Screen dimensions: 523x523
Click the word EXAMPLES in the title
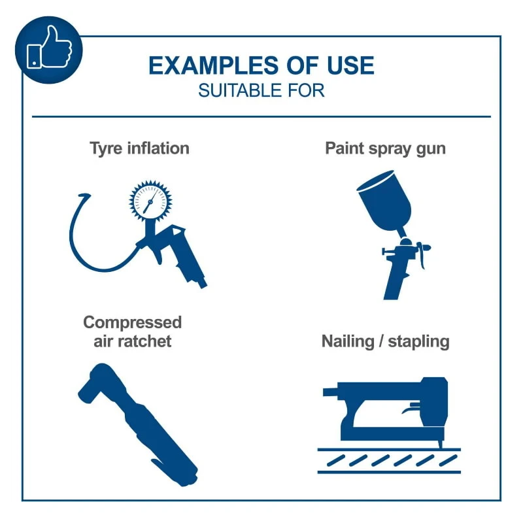[213, 66]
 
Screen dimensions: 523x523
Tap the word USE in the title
[350, 66]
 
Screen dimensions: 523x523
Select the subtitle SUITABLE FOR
[261, 90]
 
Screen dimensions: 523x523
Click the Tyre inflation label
[139, 148]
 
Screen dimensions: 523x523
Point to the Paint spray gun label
[385, 149]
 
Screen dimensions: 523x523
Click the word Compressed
[133, 322]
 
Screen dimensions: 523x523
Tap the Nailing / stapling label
[386, 341]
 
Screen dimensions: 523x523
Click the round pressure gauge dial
[150, 201]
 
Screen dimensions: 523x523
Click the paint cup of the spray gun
[384, 200]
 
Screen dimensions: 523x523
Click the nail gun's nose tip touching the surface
[440, 445]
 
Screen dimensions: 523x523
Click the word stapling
[419, 342]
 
